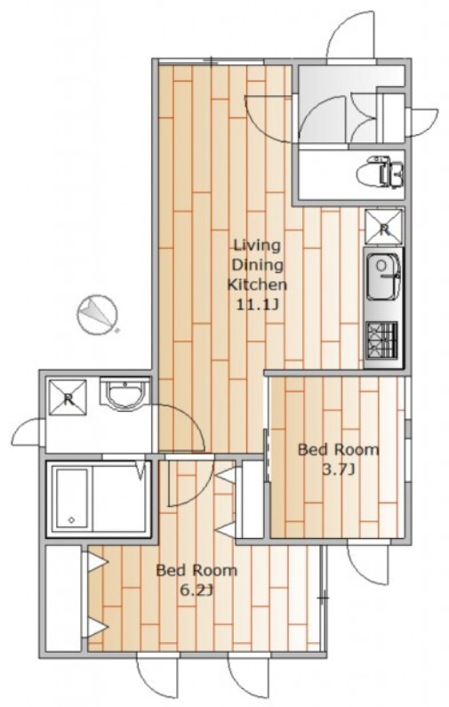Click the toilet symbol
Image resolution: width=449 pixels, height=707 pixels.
[380, 172]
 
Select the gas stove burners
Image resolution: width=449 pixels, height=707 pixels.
[381, 338]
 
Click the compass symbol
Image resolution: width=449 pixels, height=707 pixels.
[97, 314]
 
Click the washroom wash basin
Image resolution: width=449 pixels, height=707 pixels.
[124, 394]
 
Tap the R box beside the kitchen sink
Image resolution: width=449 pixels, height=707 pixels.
[383, 228]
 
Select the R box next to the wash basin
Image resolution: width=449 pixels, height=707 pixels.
[68, 398]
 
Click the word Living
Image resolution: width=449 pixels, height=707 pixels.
[256, 245]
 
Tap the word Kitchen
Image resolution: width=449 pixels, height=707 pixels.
[257, 285]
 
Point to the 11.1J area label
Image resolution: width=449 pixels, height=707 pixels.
[258, 305]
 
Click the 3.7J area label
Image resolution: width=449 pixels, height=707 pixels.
[338, 470]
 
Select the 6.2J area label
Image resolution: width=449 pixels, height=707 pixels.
[196, 590]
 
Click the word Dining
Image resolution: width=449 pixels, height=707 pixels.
[257, 265]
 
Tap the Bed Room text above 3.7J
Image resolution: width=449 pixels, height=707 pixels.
[339, 449]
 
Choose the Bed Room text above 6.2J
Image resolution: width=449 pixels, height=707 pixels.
[196, 570]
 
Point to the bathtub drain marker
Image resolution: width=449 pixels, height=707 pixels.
[71, 520]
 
